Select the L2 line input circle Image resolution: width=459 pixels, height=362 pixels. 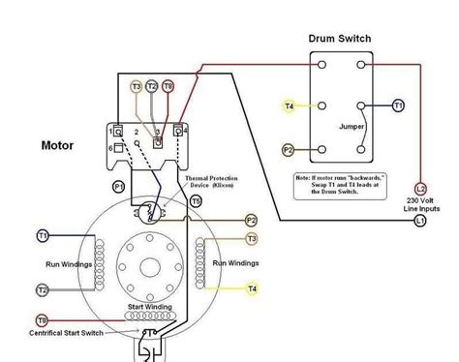[420, 190]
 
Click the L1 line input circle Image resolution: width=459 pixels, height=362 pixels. [420, 222]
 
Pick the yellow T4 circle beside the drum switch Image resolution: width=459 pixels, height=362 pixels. [289, 105]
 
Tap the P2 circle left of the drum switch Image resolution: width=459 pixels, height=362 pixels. [289, 151]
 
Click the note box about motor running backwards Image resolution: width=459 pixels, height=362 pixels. [346, 184]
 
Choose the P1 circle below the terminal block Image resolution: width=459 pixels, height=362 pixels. [120, 185]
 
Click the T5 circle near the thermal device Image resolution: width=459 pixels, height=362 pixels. [196, 201]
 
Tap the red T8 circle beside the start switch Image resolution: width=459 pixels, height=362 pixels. [42, 319]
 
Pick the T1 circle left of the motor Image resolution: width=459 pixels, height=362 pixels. [42, 235]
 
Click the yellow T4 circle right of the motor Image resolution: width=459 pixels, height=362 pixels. [252, 288]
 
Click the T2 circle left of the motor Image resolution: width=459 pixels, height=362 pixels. [42, 289]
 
